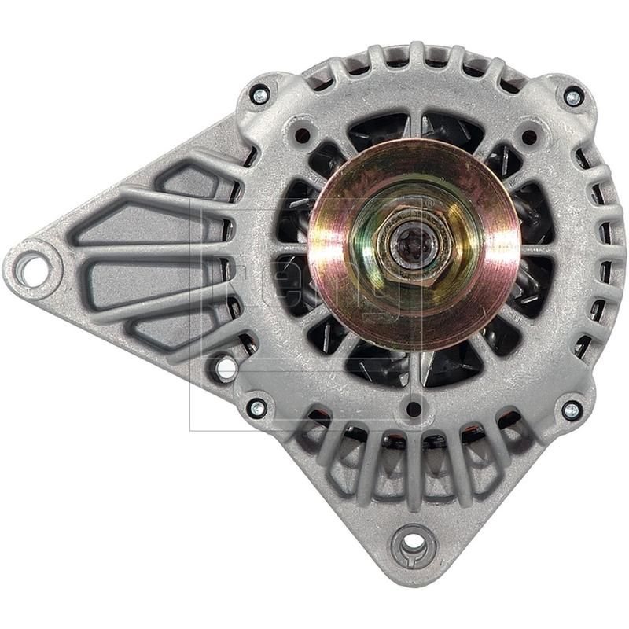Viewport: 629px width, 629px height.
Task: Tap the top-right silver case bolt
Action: pyautogui.click(x=573, y=97)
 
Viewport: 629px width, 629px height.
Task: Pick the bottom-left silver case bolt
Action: pyautogui.click(x=256, y=407)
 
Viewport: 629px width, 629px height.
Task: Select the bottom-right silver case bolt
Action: pyautogui.click(x=572, y=410)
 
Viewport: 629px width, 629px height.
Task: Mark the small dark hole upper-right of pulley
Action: pyautogui.click(x=528, y=135)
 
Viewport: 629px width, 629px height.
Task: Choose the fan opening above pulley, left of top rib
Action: pyautogui.click(x=377, y=130)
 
